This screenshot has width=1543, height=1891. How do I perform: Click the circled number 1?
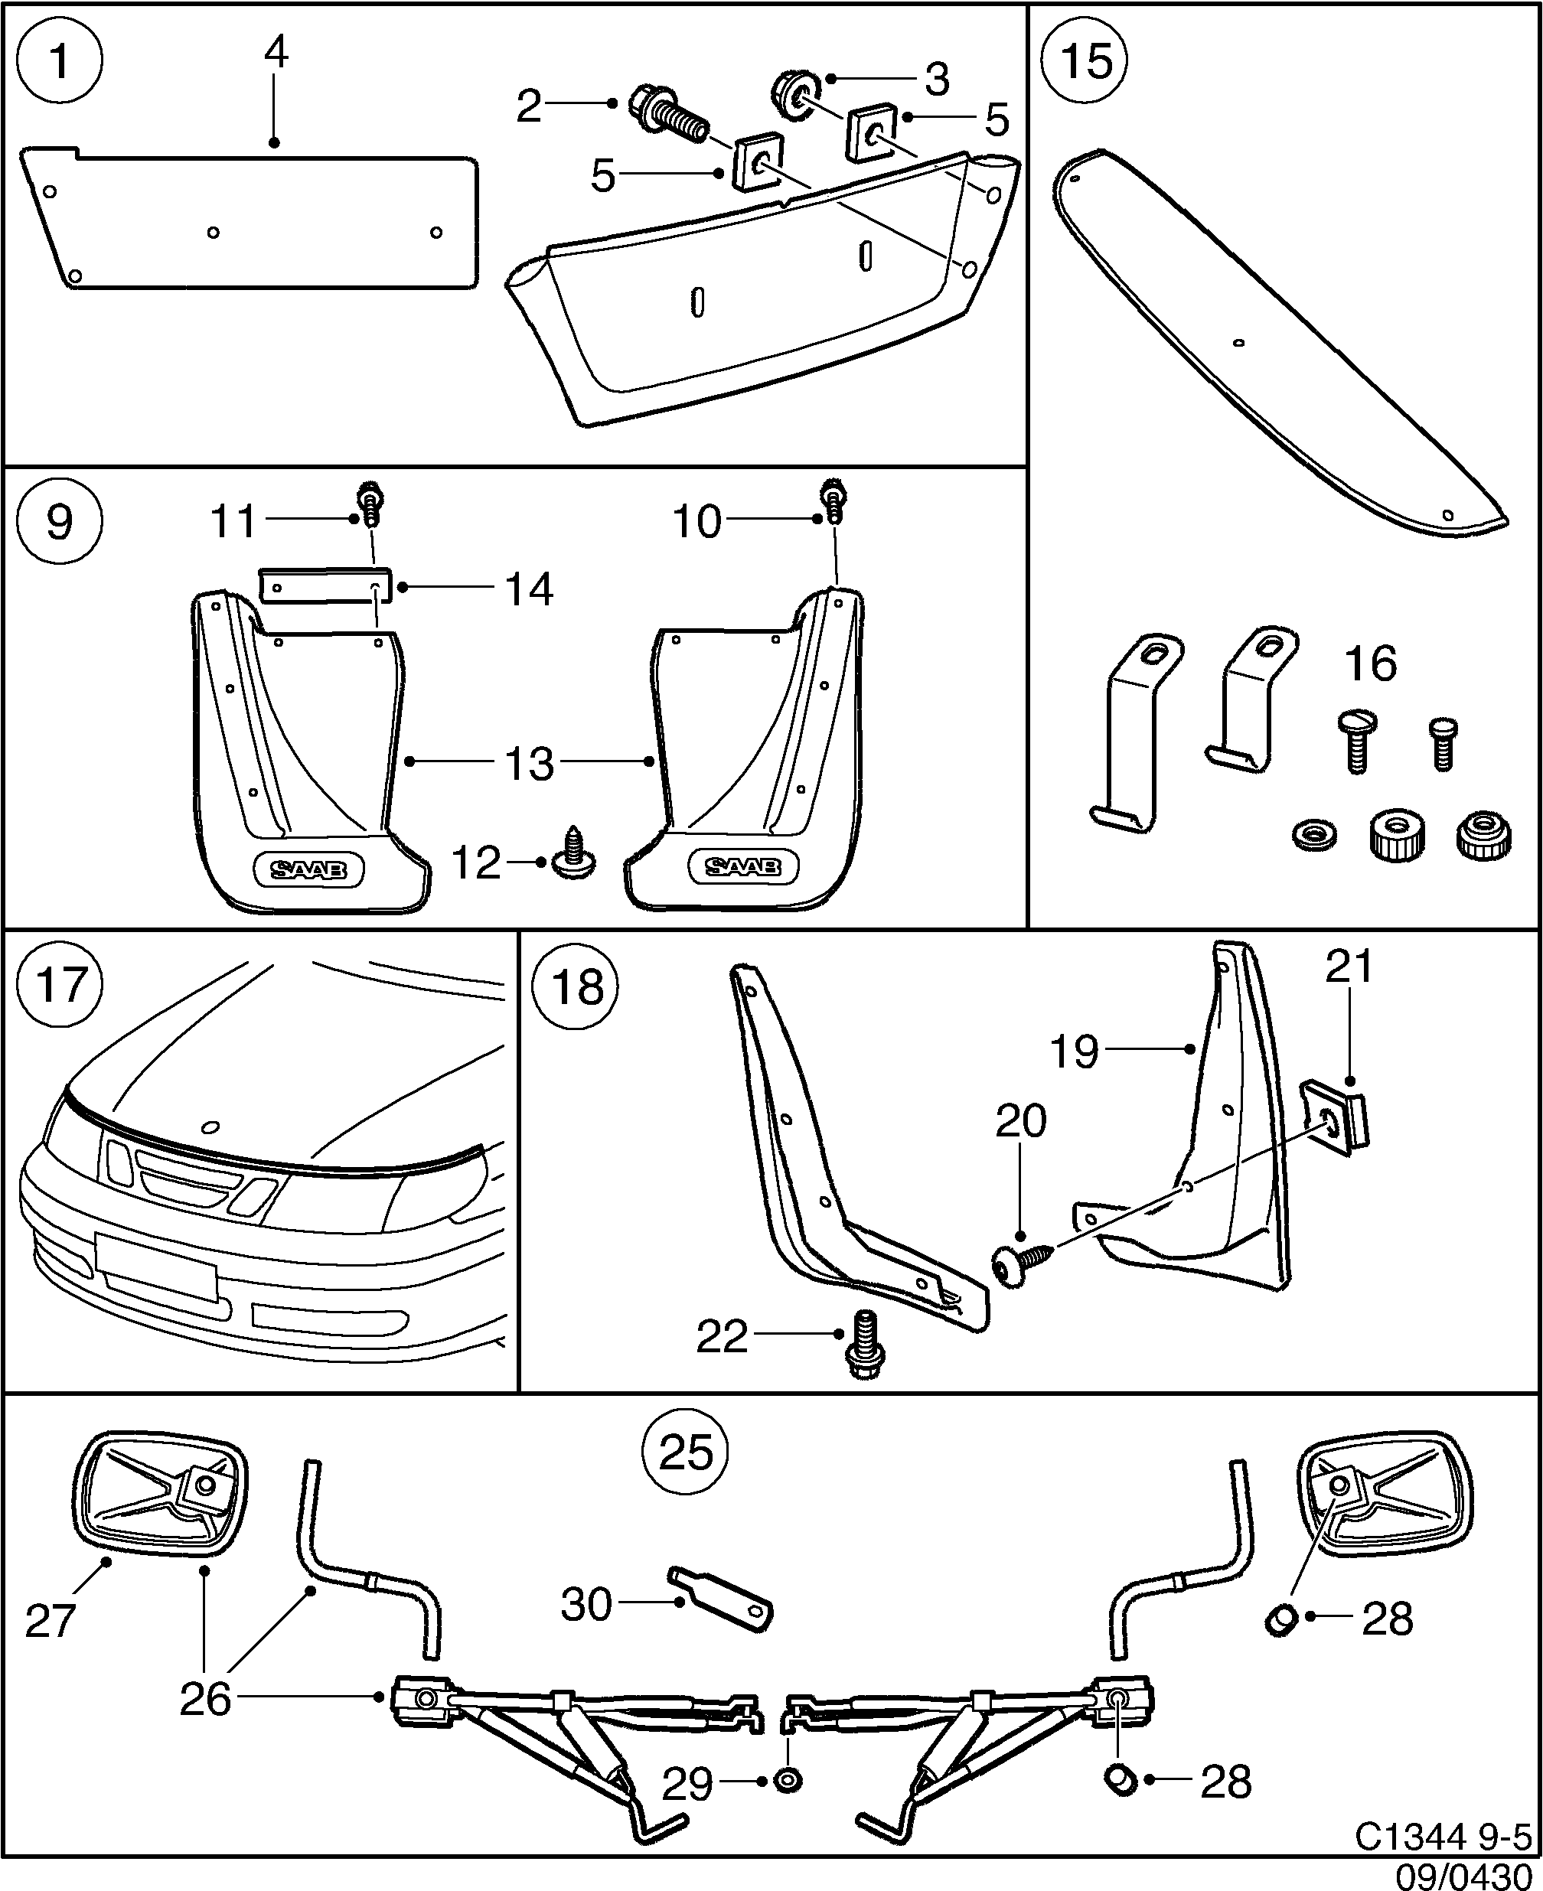(x=60, y=61)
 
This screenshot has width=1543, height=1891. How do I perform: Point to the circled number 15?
(x=1086, y=61)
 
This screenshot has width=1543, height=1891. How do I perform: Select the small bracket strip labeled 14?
(x=325, y=586)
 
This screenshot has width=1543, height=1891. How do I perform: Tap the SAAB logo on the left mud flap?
(x=308, y=870)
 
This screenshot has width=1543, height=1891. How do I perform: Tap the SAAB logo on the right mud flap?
(x=742, y=866)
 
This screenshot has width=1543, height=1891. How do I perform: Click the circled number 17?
(x=60, y=986)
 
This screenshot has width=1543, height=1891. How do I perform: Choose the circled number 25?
(x=687, y=1452)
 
